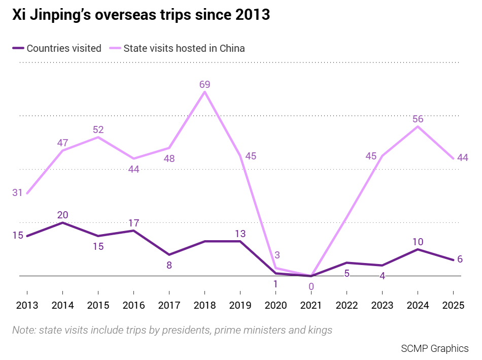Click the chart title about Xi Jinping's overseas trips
141,14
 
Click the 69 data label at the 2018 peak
205,84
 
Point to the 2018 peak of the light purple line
205,92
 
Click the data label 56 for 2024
418,119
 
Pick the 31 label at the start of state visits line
18,192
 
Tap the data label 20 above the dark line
63,215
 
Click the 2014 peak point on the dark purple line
63,222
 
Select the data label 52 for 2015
98,129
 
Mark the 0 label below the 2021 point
311,286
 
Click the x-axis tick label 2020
276,305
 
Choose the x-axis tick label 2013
27,305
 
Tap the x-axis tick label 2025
453,305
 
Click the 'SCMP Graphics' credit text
435,349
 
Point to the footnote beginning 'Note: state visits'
172,330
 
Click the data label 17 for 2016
134,223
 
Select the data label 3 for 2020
277,255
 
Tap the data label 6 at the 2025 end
460,259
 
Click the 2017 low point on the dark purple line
169,255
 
